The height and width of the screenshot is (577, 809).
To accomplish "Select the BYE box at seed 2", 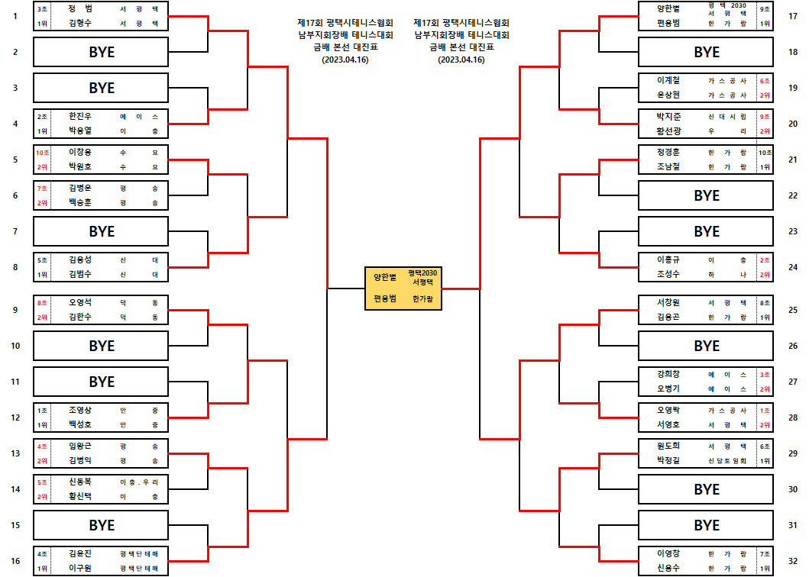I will coord(102,52).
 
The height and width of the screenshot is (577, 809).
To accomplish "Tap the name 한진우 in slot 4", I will coord(79,117).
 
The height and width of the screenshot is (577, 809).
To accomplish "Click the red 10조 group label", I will coord(42,153).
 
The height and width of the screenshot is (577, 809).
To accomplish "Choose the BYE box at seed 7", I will coord(102,231).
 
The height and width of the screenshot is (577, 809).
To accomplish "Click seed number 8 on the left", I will coord(15,267).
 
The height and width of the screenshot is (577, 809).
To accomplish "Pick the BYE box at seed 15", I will coord(102,525).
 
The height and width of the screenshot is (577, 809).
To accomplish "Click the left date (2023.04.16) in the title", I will coord(345,60).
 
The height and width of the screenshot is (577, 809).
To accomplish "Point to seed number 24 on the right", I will coord(792,267).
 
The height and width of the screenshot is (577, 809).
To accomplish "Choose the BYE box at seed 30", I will coord(707,488).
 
